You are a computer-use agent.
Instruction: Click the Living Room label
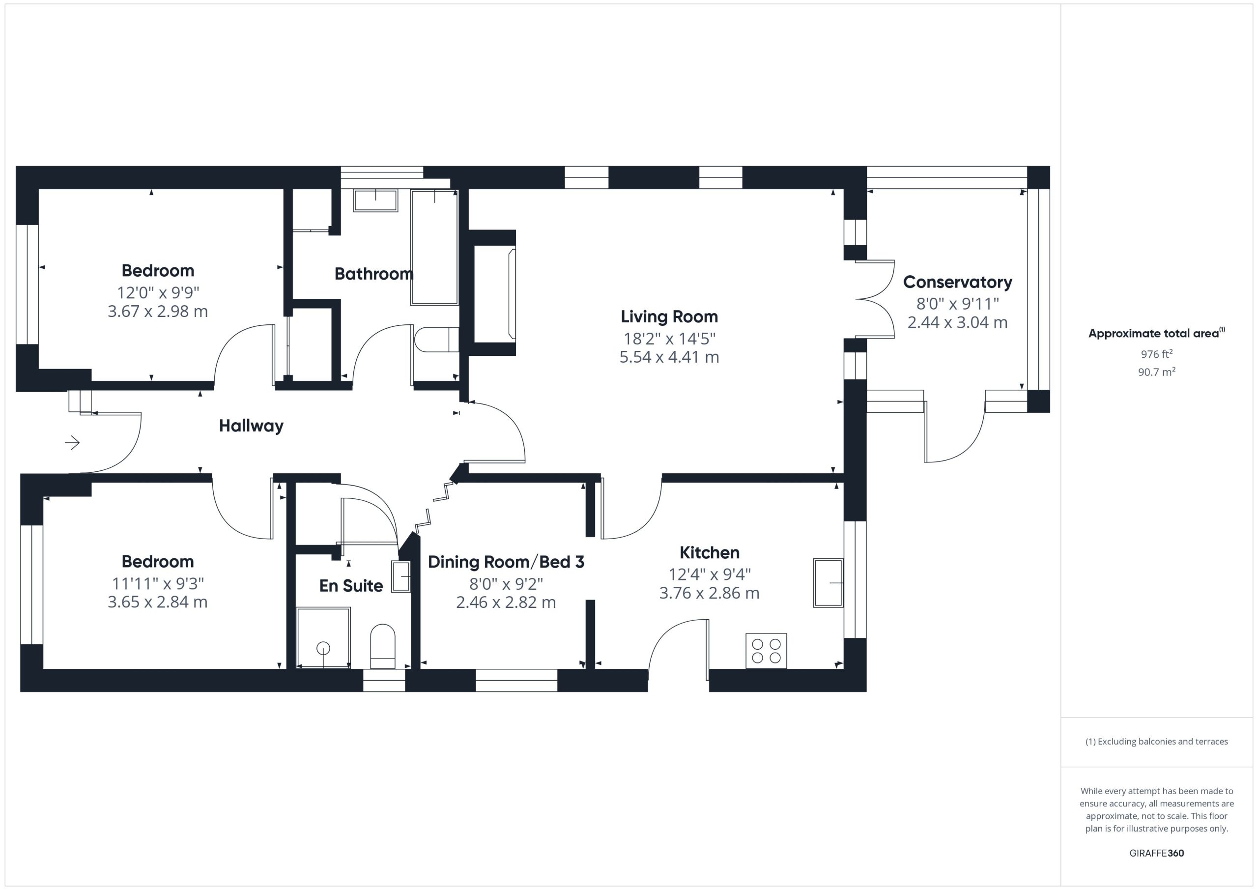point(669,317)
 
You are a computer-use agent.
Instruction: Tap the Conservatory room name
point(957,282)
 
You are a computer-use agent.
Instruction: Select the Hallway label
point(251,426)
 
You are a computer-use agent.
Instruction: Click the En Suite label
point(351,586)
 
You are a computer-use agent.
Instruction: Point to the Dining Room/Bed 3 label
point(506,562)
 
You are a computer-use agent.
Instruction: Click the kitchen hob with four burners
point(766,651)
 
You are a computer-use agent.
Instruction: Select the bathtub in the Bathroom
point(434,247)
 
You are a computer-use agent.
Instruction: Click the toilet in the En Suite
point(382,647)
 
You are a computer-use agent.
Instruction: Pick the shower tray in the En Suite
point(323,637)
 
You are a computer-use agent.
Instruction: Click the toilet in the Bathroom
point(436,340)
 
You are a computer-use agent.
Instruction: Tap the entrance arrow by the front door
point(72,442)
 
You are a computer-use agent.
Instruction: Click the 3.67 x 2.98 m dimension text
point(158,311)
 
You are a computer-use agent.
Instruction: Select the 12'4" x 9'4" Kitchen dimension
point(710,574)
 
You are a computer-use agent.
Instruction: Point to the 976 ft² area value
point(1156,354)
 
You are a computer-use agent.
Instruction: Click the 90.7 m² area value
point(1157,372)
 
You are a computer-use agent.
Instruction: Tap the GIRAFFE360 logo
point(1157,853)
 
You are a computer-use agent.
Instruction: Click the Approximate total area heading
point(1156,333)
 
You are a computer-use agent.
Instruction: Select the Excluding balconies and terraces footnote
point(1157,742)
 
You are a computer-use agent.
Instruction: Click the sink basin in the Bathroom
point(375,201)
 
